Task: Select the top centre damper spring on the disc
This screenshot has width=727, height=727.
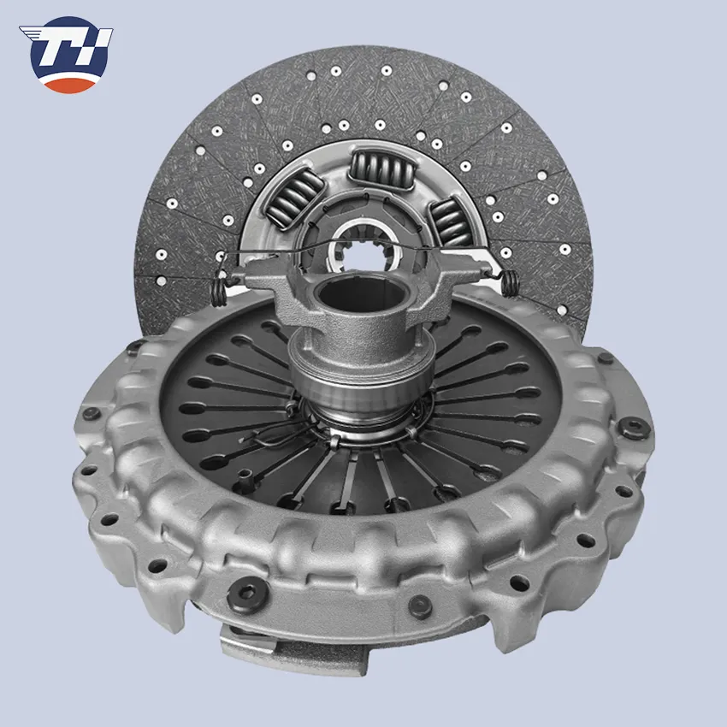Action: point(381,168)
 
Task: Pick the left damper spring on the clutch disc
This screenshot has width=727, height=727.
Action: point(294,197)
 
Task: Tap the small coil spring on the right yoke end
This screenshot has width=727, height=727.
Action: point(510,283)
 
